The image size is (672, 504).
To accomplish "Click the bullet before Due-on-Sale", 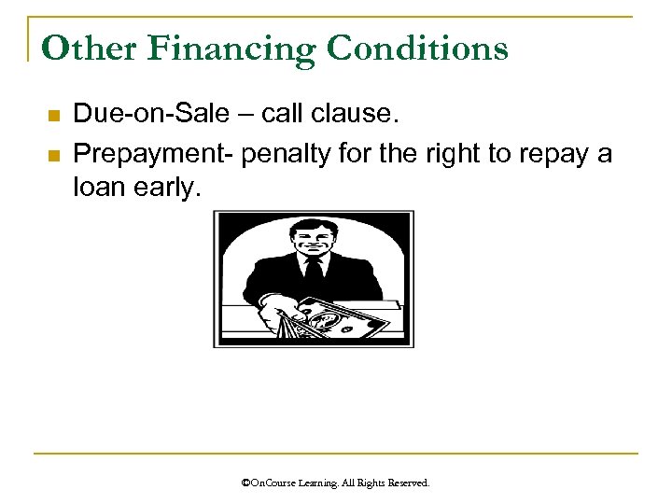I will [52, 116].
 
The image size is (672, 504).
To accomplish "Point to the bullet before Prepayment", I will [52, 155].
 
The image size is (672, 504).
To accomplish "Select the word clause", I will [357, 114].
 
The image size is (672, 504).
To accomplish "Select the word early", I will [170, 189].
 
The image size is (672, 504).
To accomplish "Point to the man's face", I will [312, 237].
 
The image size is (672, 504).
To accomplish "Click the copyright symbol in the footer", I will [245, 483].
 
